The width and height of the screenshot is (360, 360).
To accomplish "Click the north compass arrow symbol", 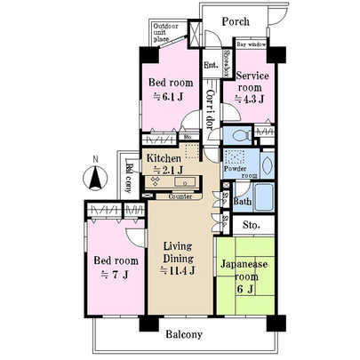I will (92, 178).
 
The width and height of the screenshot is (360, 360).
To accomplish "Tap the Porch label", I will (235, 20).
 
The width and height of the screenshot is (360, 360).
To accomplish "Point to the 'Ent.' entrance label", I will (211, 65).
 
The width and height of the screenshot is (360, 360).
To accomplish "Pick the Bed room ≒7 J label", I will (115, 267).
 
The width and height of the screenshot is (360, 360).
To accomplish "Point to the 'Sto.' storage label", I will (252, 226).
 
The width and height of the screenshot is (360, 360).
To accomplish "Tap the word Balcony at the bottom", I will (184, 335).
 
